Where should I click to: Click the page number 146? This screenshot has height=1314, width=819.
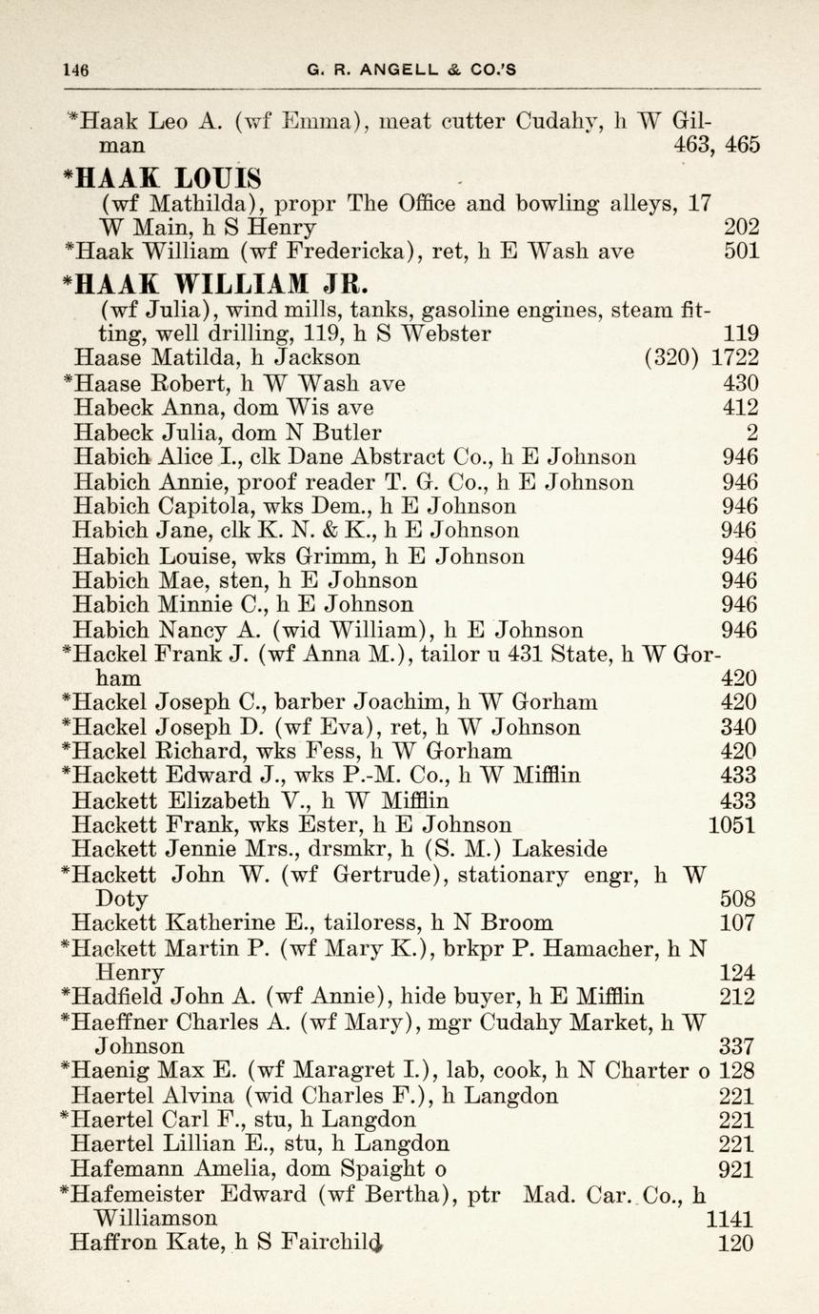(x=75, y=69)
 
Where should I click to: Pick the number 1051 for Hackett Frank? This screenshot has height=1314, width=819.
(x=732, y=824)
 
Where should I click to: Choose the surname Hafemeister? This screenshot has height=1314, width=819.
(x=140, y=1195)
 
